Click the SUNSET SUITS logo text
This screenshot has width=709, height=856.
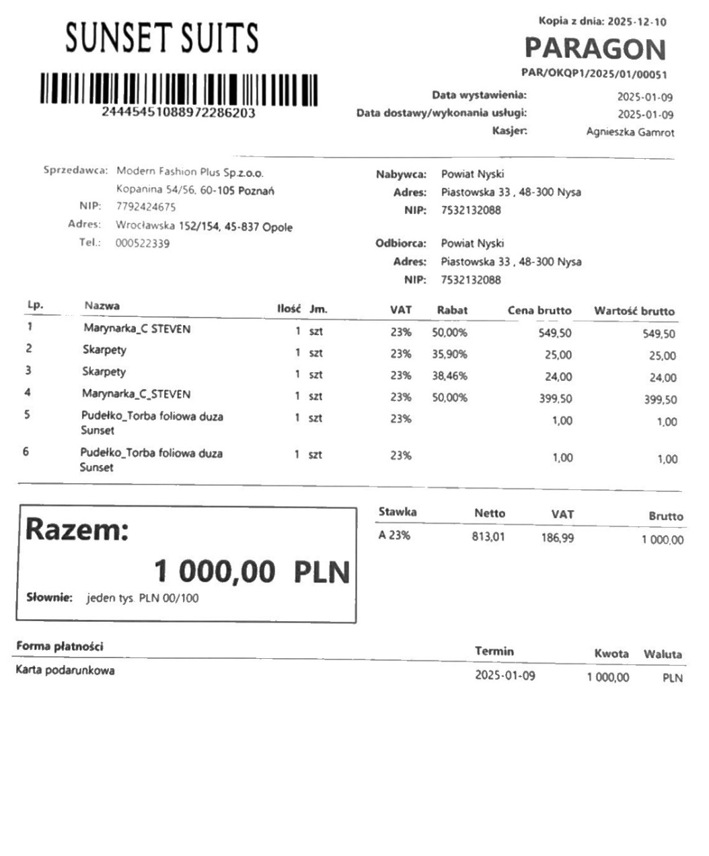[x=161, y=38]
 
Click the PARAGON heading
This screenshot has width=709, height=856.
[x=595, y=48]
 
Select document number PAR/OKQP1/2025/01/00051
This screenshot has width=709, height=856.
[x=594, y=74]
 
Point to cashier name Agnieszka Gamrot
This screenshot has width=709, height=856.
[x=630, y=133]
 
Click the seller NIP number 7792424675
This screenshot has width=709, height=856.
[x=146, y=207]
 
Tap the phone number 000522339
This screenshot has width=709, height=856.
[x=143, y=243]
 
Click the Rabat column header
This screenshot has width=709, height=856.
[x=452, y=310]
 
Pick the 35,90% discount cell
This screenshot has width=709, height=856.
[x=449, y=354]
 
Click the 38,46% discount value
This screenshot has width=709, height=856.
[x=449, y=376]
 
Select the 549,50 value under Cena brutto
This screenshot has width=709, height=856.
[x=555, y=332]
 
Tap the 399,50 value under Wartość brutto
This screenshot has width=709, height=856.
[x=660, y=400]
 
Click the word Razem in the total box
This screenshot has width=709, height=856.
[x=77, y=530]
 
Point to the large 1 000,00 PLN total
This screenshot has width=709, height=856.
[x=252, y=572]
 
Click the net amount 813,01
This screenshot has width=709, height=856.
[x=488, y=537]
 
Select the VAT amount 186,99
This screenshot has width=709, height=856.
[x=558, y=538]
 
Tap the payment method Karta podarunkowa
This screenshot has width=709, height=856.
[x=65, y=670]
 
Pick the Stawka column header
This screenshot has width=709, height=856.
[x=398, y=512]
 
